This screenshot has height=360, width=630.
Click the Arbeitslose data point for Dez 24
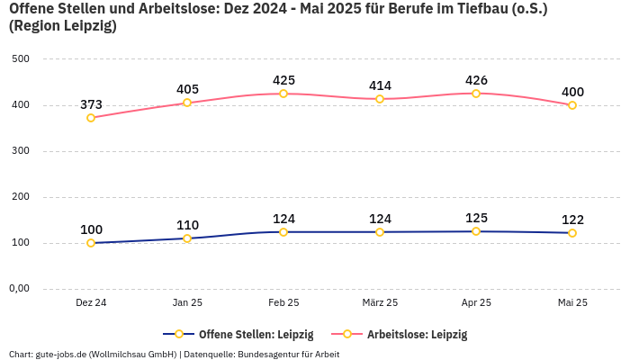click(91, 118)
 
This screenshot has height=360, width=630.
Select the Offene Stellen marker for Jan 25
click(187, 238)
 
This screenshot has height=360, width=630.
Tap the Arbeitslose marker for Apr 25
click(476, 94)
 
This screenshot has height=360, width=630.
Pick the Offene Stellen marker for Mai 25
click(572, 233)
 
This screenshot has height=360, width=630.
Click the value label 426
click(476, 80)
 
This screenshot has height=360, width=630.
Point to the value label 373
click(91, 104)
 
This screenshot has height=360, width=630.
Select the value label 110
click(187, 225)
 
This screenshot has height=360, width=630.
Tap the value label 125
click(476, 218)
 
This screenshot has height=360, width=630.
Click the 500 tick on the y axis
click(21, 59)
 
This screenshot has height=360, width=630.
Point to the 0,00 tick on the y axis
click(19, 289)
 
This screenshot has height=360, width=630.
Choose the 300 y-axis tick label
click(21, 151)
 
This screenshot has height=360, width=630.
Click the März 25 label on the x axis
click(380, 303)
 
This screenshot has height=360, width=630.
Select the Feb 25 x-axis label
click(283, 303)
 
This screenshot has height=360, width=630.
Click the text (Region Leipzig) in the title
click(63, 26)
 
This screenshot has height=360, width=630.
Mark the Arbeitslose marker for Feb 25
click(283, 94)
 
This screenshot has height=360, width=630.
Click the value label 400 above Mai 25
click(572, 92)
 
